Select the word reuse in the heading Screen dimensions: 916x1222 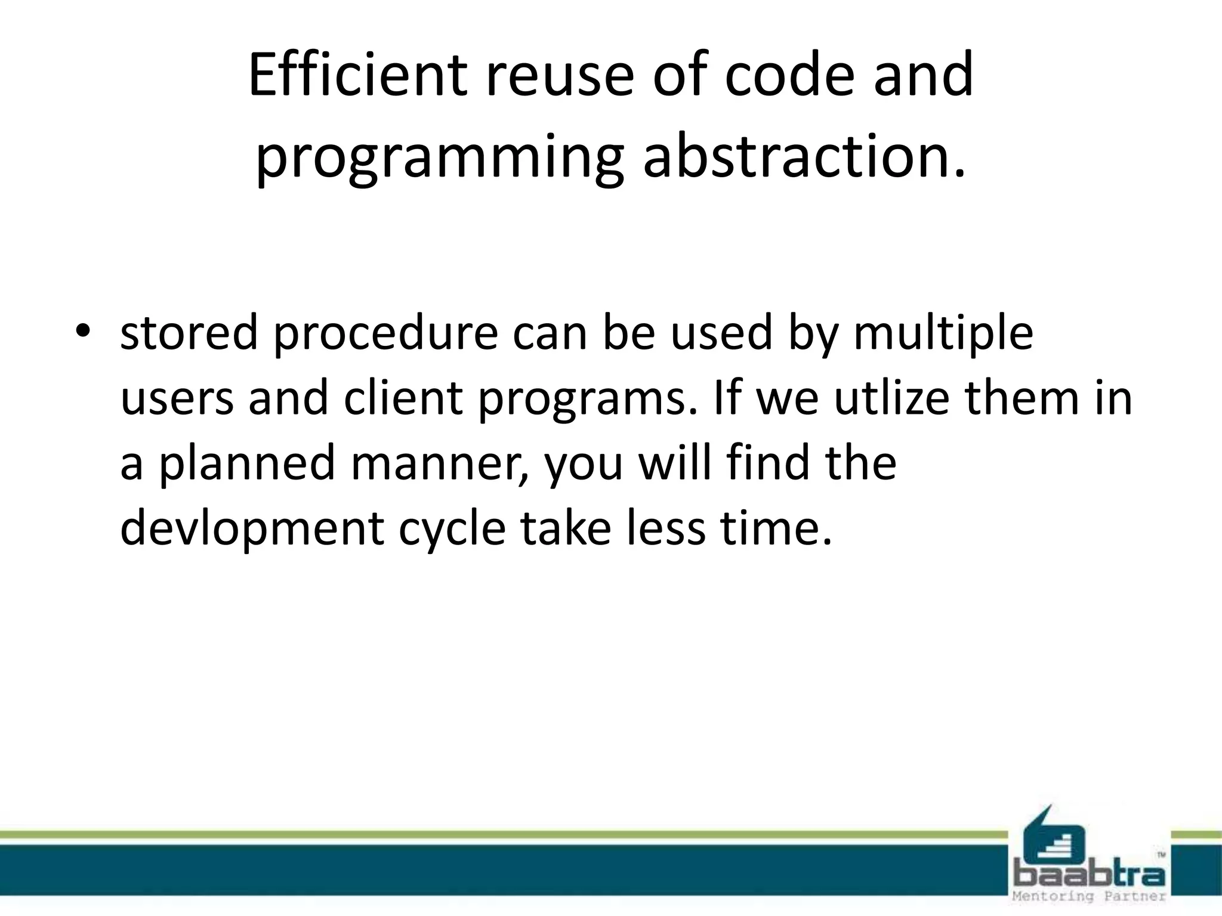click(558, 76)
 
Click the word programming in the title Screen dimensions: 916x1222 click(439, 160)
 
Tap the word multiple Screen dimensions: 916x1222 click(943, 334)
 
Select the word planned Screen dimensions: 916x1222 click(246, 465)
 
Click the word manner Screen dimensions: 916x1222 click(440, 465)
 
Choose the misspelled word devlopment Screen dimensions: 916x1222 click(251, 530)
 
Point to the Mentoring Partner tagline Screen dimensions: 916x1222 click(1090, 897)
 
